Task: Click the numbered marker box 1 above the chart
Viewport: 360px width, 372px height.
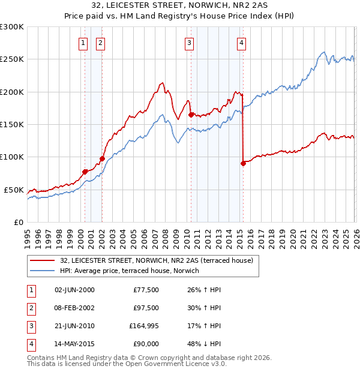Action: [x=83, y=43]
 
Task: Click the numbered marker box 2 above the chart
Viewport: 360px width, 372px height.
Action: [x=100, y=43]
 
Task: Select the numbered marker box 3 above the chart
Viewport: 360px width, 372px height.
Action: [x=189, y=43]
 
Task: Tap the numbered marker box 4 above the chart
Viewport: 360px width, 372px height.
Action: [x=241, y=43]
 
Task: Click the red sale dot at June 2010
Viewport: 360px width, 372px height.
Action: [x=191, y=115]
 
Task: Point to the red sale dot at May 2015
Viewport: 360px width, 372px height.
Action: [x=243, y=163]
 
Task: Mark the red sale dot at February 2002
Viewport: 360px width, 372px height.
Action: [x=102, y=158]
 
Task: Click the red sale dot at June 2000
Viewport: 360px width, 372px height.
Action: [x=85, y=172]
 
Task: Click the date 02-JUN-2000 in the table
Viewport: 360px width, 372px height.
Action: [x=74, y=290]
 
